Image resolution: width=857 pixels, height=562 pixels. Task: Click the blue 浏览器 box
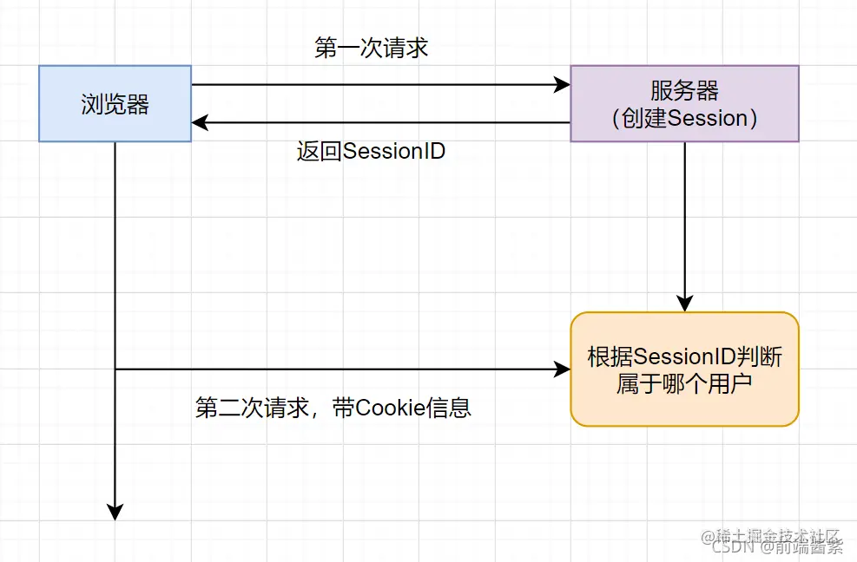(115, 103)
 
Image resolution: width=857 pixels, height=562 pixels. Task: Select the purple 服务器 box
(684, 103)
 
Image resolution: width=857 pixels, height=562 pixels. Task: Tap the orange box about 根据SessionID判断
(684, 369)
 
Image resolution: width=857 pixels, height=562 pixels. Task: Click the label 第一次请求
(371, 48)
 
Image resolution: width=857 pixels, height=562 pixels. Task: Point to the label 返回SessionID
(371, 151)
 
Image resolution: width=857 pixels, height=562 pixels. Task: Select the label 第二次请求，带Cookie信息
(333, 408)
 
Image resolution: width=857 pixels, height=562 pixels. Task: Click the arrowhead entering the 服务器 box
(563, 85)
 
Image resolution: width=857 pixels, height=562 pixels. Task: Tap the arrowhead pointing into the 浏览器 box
(200, 123)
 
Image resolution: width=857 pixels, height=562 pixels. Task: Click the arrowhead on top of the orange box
(685, 304)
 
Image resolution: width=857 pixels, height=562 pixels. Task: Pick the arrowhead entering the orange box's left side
(563, 369)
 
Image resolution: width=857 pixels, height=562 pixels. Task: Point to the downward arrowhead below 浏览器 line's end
(115, 512)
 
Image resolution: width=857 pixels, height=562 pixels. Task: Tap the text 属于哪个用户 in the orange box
(684, 383)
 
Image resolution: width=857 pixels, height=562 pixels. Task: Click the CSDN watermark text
(730, 547)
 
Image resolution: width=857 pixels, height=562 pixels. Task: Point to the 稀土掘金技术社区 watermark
(773, 534)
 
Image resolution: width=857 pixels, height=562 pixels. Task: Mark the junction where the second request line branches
(115, 369)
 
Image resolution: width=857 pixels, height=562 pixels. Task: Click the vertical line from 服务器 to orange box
(685, 221)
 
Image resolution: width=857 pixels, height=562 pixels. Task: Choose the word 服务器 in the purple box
(684, 90)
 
